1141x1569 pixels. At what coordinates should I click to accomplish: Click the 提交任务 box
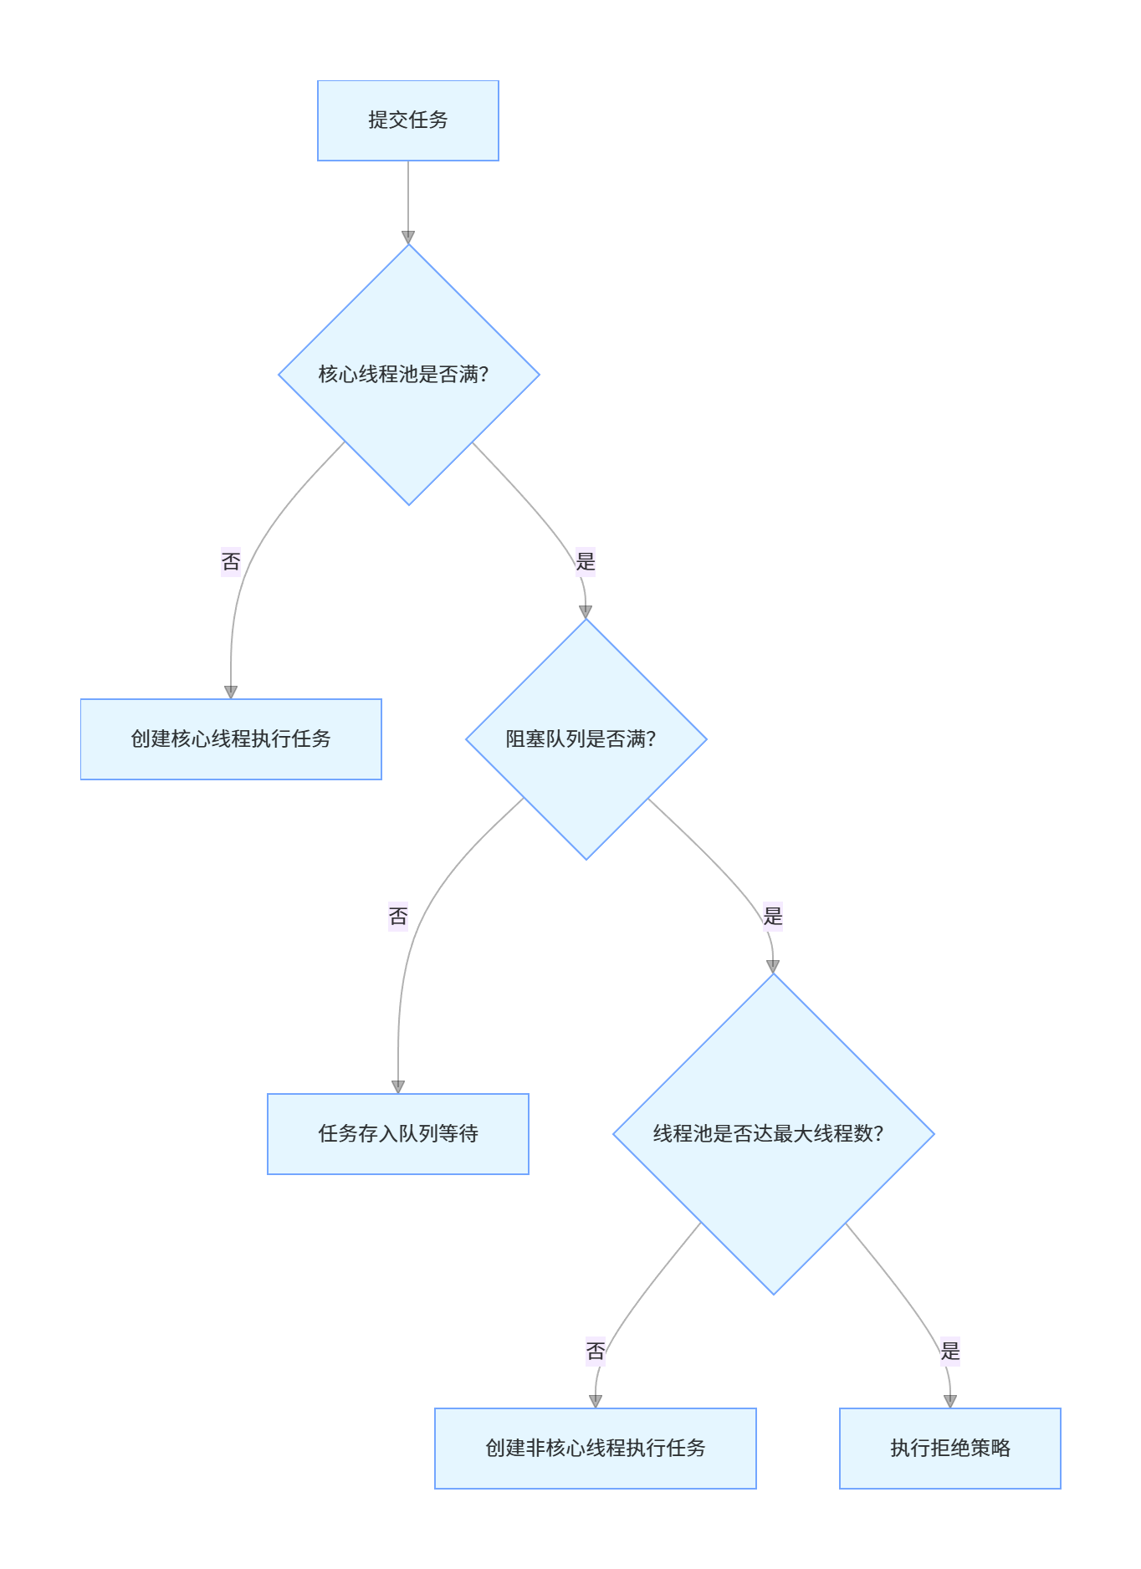click(x=408, y=120)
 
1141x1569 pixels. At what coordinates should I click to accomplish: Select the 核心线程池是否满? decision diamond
click(x=408, y=375)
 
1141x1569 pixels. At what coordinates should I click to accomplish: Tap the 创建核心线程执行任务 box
click(x=231, y=739)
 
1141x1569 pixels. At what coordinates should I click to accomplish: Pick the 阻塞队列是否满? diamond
click(x=586, y=739)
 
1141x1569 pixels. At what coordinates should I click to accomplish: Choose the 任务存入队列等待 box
click(x=398, y=1134)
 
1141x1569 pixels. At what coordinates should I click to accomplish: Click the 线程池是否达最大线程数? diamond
click(x=773, y=1134)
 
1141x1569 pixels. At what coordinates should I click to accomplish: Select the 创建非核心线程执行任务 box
click(x=596, y=1449)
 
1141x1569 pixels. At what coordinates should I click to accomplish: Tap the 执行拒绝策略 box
click(x=950, y=1449)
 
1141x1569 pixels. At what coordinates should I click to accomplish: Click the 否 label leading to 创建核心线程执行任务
click(x=231, y=561)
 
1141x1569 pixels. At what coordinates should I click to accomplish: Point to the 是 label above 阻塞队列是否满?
click(x=586, y=561)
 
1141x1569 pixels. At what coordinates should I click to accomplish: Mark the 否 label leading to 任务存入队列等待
click(x=398, y=916)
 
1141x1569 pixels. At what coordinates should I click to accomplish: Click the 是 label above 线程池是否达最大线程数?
click(x=773, y=916)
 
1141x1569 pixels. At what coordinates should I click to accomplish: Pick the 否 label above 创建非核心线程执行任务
click(x=596, y=1351)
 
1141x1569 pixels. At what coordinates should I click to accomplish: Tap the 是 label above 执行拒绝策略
click(x=950, y=1351)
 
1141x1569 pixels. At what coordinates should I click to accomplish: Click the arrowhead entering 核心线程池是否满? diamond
click(x=408, y=238)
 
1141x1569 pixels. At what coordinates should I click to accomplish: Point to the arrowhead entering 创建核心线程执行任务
click(x=231, y=692)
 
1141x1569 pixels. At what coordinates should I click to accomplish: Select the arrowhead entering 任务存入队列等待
click(x=398, y=1086)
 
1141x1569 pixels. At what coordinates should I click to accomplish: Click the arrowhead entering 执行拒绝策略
click(x=950, y=1401)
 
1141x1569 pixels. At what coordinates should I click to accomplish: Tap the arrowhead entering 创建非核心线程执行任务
click(x=596, y=1401)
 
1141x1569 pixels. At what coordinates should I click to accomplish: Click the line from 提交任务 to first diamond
click(x=408, y=197)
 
